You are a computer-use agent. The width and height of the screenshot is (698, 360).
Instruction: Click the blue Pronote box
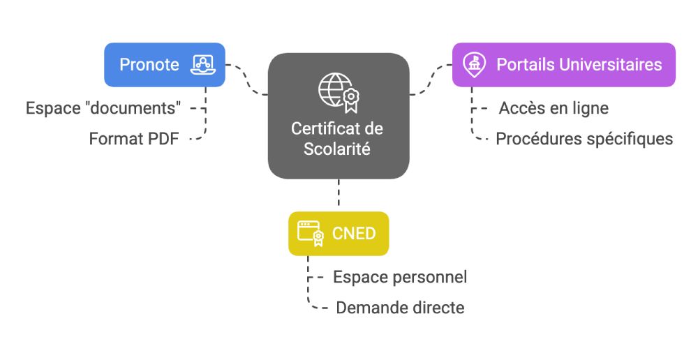click(x=164, y=65)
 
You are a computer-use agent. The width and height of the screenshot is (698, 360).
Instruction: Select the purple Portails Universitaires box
click(x=563, y=65)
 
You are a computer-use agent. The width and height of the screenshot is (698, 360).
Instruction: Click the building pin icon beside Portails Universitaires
click(x=475, y=65)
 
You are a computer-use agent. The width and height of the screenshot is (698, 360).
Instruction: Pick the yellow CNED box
click(x=339, y=233)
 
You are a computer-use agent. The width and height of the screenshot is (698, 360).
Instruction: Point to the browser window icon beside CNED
click(x=309, y=233)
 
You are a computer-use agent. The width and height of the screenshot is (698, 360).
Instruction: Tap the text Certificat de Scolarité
click(x=337, y=139)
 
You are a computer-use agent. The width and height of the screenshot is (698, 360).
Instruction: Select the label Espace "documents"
click(x=104, y=108)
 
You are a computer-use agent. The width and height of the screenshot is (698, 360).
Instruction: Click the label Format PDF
click(x=134, y=139)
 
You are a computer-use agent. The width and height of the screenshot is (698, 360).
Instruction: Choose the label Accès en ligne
click(x=554, y=108)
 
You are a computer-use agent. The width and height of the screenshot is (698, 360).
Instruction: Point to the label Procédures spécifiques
click(x=584, y=139)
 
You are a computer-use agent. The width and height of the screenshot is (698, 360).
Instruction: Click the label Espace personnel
click(x=400, y=277)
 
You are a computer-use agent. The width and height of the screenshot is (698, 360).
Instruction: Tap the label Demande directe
click(x=400, y=308)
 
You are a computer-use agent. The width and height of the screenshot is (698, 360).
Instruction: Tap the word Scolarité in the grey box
click(x=337, y=149)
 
